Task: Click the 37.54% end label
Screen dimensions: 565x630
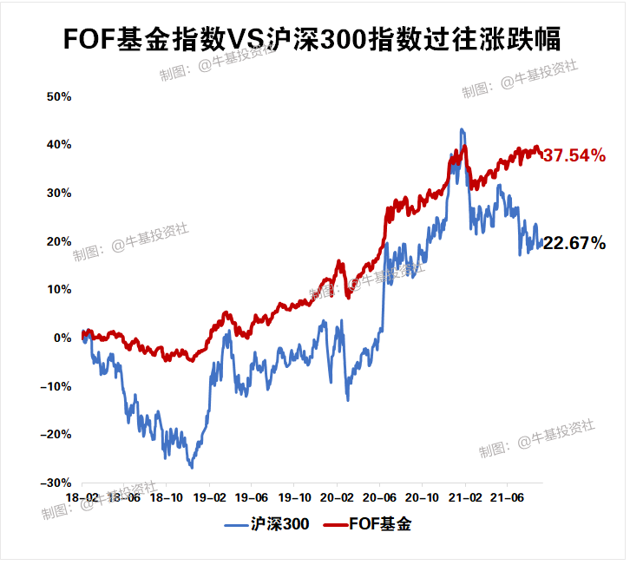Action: [x=574, y=156]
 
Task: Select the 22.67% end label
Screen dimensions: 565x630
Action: [x=574, y=244]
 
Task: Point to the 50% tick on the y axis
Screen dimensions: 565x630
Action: [x=59, y=96]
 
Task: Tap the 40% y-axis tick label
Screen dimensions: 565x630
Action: [x=59, y=145]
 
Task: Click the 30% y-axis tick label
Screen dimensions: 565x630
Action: [x=59, y=193]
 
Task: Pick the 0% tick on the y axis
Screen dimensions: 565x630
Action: [x=62, y=338]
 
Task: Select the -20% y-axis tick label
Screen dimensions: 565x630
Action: [x=57, y=434]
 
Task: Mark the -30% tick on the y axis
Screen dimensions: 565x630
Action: [x=57, y=483]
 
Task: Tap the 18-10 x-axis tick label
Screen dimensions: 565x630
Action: [x=166, y=498]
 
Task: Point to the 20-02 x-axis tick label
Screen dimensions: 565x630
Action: [x=337, y=498]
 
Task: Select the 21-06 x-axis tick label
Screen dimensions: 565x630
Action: [x=507, y=498]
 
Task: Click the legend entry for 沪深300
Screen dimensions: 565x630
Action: [x=267, y=525]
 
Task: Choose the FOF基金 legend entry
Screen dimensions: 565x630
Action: [x=368, y=525]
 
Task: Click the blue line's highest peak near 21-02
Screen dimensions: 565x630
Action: [x=462, y=129]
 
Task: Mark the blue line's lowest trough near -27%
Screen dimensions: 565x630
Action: [x=192, y=468]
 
